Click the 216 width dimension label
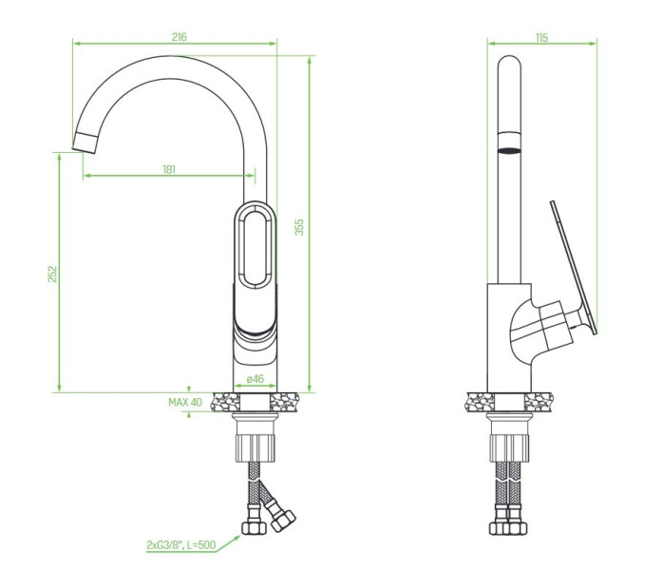click(x=179, y=37)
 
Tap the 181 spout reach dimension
click(x=169, y=169)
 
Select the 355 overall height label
click(x=299, y=227)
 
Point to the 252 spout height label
click(x=52, y=274)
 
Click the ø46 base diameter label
click(x=255, y=379)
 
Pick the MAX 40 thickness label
click(x=185, y=402)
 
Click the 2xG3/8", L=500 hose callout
click(x=181, y=545)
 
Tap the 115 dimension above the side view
click(x=541, y=38)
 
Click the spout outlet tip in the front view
click(x=85, y=142)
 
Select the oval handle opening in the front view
click(x=255, y=245)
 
